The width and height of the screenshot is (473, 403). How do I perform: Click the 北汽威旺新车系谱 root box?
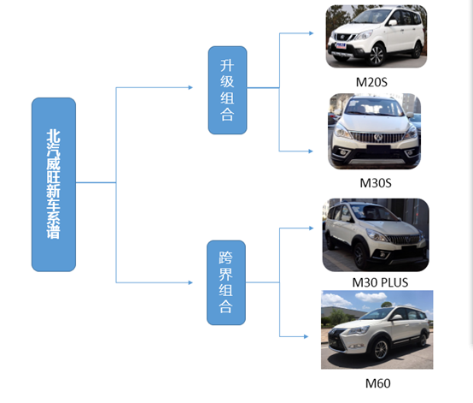tap(54, 185)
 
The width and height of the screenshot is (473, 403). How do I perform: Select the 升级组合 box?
tap(227, 90)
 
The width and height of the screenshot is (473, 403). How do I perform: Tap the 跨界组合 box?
tap(226, 282)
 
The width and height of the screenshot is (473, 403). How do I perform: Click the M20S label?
tap(371, 82)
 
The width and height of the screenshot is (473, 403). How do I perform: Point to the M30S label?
tap(376, 183)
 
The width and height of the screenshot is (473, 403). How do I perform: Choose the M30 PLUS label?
tap(380, 282)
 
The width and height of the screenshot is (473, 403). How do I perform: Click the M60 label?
tap(377, 383)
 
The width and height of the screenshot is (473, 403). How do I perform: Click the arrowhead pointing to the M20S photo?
tap(312, 33)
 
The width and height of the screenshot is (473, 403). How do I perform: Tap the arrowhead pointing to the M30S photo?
tap(311, 151)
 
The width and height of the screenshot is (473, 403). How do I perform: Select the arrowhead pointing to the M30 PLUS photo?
tap(312, 228)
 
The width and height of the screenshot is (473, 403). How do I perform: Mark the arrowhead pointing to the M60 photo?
tap(306, 336)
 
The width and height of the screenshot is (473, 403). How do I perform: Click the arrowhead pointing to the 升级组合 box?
tap(190, 87)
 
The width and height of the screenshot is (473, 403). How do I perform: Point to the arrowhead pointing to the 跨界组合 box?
tap(190, 282)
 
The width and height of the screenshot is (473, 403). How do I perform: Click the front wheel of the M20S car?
tap(377, 56)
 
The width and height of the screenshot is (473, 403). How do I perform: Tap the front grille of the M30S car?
tap(377, 137)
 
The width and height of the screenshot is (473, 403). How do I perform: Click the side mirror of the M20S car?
tap(393, 22)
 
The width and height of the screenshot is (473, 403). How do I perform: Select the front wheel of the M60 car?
tap(381, 350)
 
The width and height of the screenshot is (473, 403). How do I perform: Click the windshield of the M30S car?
tap(374, 108)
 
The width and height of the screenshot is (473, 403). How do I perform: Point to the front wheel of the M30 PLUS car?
tap(361, 256)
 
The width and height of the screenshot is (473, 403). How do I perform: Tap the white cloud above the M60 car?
tap(371, 297)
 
